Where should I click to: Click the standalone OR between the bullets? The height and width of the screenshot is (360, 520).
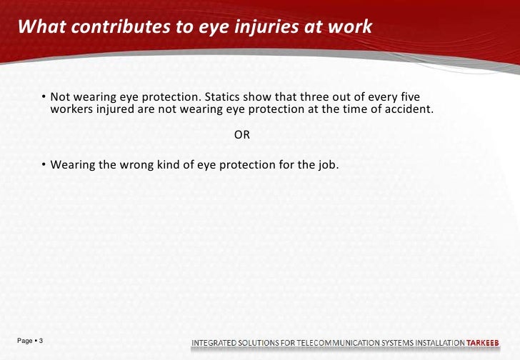click(x=242, y=136)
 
